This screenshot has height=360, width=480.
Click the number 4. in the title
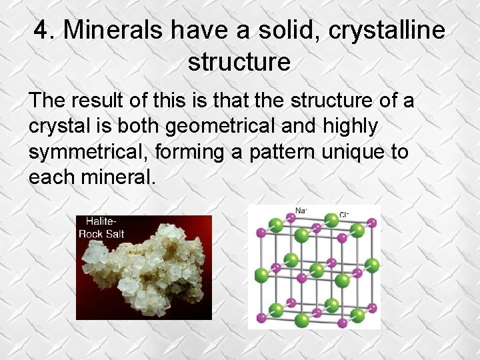(45, 30)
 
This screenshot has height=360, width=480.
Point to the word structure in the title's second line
(239, 62)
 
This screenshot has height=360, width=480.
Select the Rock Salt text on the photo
(101, 234)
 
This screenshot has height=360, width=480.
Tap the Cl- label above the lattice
(344, 215)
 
